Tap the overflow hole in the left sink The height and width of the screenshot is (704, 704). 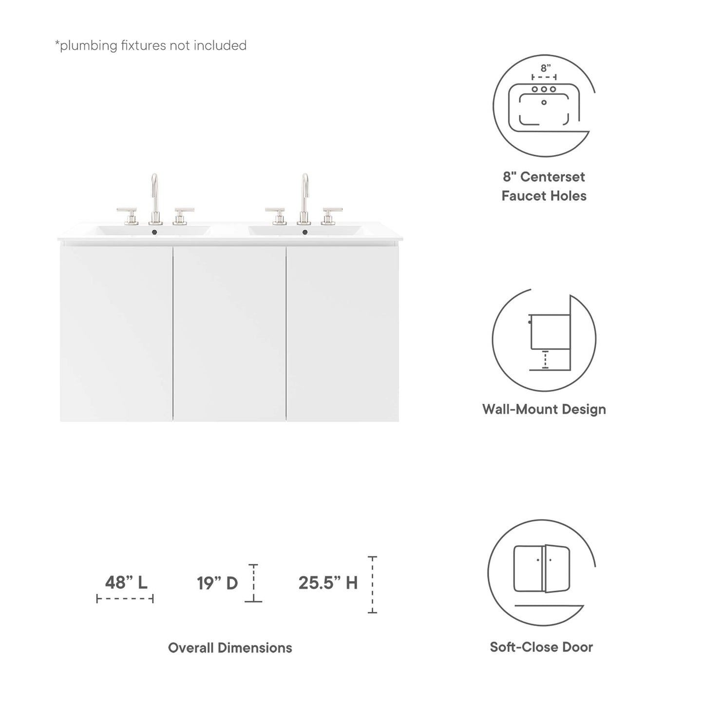pos(155,232)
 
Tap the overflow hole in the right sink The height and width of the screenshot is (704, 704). pos(305,232)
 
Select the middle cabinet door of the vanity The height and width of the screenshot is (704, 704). pos(229,334)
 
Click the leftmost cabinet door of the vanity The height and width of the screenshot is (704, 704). pos(116,334)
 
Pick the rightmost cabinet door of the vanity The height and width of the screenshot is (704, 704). pos(342,334)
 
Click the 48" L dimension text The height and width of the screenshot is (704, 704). pos(126,582)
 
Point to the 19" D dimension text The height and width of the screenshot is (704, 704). pos(217,583)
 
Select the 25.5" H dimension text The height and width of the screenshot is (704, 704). pos(328,583)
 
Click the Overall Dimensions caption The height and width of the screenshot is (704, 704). pos(230,647)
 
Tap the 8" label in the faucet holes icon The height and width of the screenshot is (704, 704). pos(545,68)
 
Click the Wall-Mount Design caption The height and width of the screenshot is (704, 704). pos(544,409)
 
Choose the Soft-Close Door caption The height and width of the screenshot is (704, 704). pos(541,647)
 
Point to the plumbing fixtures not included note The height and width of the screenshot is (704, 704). pos(151,45)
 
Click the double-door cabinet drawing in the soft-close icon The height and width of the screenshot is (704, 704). pos(542,569)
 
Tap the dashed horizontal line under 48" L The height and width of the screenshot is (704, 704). pos(125,598)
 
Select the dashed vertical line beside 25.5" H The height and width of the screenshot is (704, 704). pos(372,585)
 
